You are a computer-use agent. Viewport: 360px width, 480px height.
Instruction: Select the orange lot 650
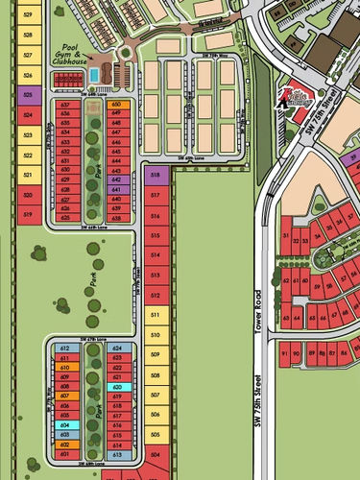coord(117,104)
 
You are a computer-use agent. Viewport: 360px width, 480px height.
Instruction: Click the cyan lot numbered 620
coord(117,386)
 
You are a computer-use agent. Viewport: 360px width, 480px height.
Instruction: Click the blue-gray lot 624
coord(117,348)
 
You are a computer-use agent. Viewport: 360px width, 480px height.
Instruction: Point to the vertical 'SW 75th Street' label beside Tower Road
coord(259,403)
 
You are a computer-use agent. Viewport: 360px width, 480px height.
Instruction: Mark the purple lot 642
coord(117,180)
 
